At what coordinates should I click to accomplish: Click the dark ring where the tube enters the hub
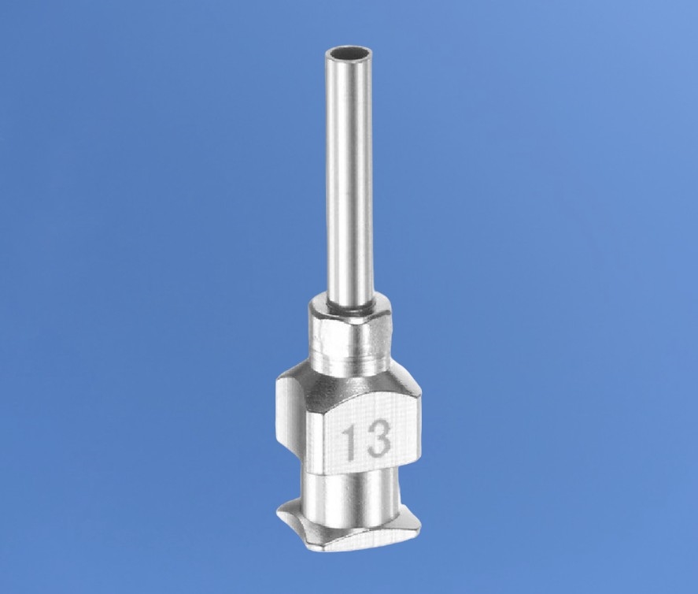[x=349, y=310]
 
